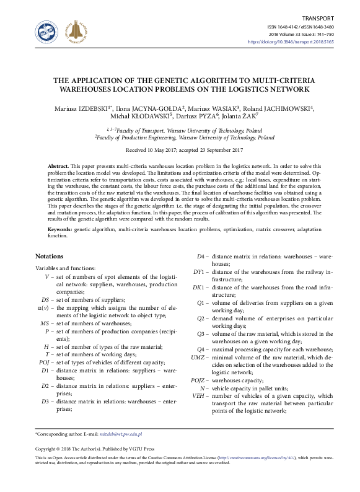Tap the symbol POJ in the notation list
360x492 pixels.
43,362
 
